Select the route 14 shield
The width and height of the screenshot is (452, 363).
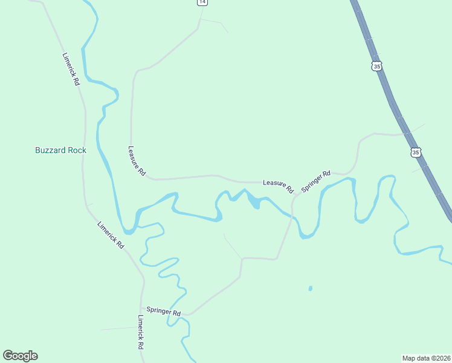coord(202,2)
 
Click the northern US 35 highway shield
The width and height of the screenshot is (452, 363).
coord(377,66)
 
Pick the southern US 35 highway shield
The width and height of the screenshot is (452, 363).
coord(415,152)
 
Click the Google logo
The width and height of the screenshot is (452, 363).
coord(21,356)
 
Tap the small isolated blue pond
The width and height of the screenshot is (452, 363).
coord(310,289)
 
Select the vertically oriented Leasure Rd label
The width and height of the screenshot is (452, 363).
coord(137,161)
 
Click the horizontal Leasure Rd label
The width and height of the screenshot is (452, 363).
coord(277,183)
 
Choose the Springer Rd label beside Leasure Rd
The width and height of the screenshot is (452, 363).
coord(316,181)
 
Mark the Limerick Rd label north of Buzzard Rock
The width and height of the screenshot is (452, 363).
coord(71,68)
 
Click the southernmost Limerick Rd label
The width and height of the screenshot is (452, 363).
coord(140,332)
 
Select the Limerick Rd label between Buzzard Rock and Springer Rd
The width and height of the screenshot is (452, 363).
coord(110,235)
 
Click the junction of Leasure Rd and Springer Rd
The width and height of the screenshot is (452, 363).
coord(294,197)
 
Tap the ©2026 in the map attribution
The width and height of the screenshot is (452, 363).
coord(439,358)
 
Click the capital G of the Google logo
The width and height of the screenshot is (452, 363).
coord(8,356)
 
